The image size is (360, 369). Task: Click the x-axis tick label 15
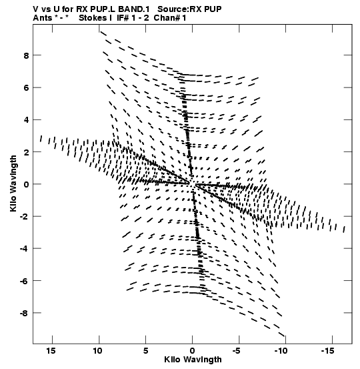pyautogui.click(x=51, y=351)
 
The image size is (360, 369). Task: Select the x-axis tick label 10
pyautogui.click(x=97, y=351)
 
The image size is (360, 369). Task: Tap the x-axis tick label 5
pyautogui.click(x=146, y=351)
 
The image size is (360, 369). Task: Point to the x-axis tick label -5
pyautogui.click(x=238, y=351)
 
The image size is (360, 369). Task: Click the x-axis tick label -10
pyautogui.click(x=281, y=351)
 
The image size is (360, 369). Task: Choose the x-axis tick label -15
pyautogui.click(x=328, y=351)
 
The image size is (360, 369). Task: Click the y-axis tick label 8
pyautogui.click(x=26, y=55)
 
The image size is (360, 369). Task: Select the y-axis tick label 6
pyautogui.click(x=26, y=88)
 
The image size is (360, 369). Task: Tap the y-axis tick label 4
pyautogui.click(x=26, y=120)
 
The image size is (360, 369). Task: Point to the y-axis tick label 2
pyautogui.click(x=26, y=152)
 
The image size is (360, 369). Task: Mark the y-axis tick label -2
pyautogui.click(x=24, y=216)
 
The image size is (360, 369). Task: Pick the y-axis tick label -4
pyautogui.click(x=24, y=249)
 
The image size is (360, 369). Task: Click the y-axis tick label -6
pyautogui.click(x=24, y=281)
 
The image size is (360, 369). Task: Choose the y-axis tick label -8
pyautogui.click(x=24, y=313)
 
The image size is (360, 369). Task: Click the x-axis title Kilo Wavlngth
pyautogui.click(x=193, y=360)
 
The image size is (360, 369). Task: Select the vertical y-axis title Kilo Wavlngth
pyautogui.click(x=13, y=183)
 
